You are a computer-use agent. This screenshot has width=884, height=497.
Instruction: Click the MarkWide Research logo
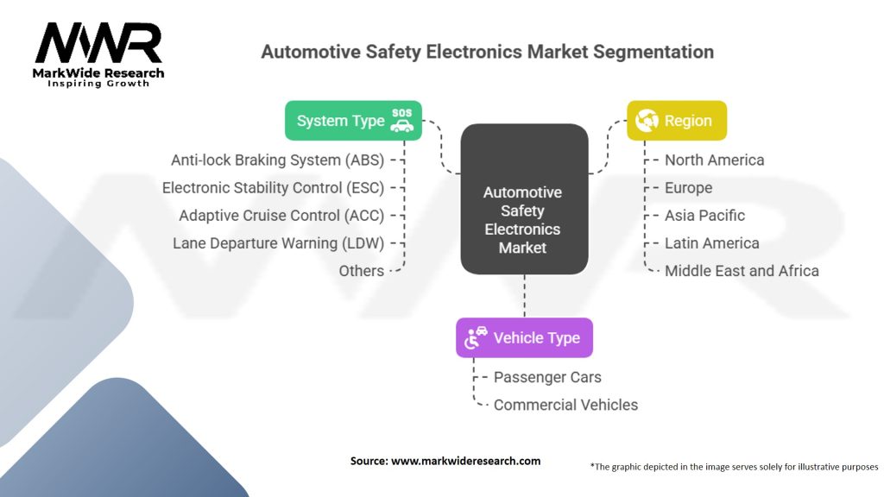pos(98,53)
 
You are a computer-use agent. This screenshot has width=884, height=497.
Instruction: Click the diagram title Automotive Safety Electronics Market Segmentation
pos(487,52)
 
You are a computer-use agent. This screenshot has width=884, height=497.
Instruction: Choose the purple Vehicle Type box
pos(524,337)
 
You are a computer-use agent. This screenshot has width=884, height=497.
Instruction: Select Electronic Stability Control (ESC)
pos(273,187)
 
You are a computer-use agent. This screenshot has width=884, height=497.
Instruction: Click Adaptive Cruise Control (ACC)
pos(281,215)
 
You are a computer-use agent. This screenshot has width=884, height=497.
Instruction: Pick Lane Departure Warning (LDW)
pos(278,242)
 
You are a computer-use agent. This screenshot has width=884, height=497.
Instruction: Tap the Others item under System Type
pos(361,270)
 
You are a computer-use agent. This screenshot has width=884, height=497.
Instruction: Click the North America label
pos(714,160)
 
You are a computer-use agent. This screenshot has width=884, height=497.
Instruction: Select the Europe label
pos(688,187)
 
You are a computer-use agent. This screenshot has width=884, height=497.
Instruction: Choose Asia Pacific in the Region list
pos(704,215)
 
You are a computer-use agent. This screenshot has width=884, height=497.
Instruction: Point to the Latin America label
pos(711,242)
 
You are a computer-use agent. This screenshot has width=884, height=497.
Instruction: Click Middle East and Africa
pos(742,270)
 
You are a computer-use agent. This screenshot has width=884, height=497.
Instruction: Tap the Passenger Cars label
pos(547,377)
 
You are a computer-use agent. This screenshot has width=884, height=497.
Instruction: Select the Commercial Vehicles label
pos(565,405)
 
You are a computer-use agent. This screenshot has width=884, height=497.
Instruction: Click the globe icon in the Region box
pos(647,121)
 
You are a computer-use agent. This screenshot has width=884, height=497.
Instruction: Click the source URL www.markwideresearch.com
pos(465,461)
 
